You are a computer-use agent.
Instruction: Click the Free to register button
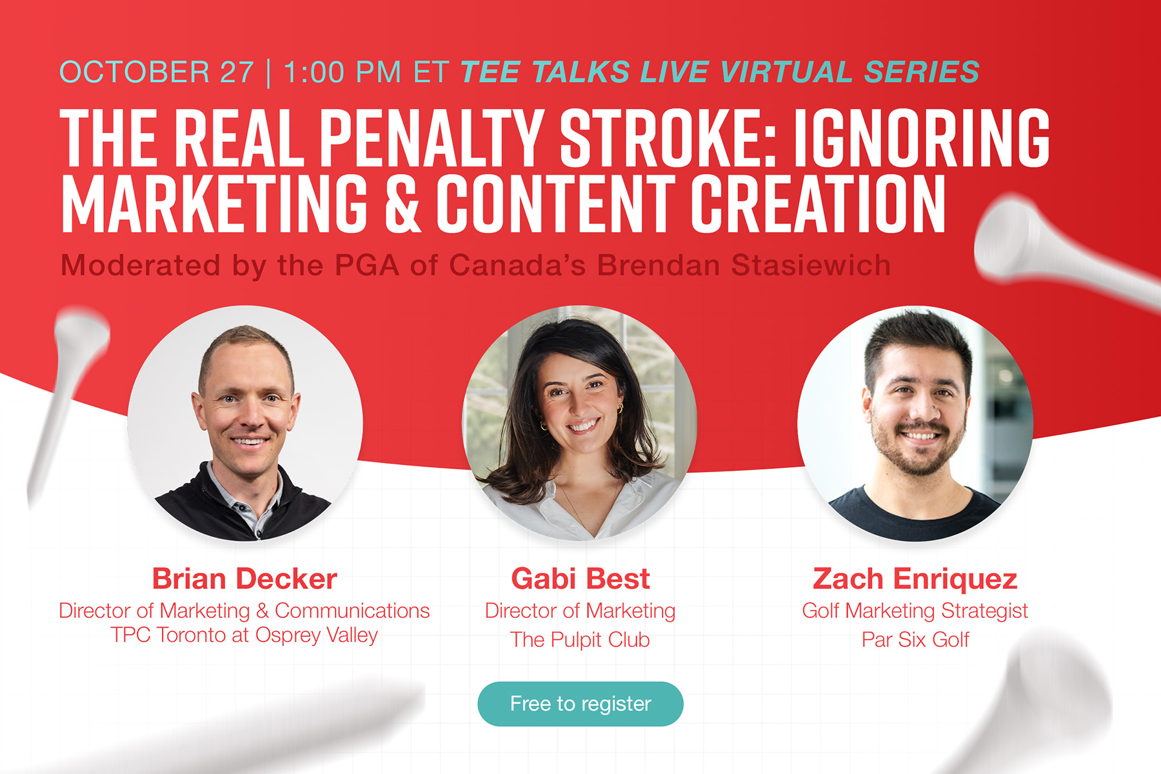tap(580, 704)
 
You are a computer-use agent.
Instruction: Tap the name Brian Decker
tap(244, 579)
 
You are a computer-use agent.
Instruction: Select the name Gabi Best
tap(580, 579)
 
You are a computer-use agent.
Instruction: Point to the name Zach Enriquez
tap(915, 579)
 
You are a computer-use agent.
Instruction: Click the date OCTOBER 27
tap(157, 72)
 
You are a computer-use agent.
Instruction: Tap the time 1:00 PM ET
tap(366, 72)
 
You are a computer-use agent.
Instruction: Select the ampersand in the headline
tap(402, 203)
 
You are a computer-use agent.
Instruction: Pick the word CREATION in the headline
tap(818, 203)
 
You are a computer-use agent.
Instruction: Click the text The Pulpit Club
tap(580, 640)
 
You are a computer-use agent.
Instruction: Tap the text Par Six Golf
tap(915, 640)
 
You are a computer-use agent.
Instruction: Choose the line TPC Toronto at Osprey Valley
tap(244, 635)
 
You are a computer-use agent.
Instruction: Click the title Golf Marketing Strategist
tap(915, 611)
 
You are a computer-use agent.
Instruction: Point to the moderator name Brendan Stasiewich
tap(743, 266)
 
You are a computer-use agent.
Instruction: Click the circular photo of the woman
tap(580, 423)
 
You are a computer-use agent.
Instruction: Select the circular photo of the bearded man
tap(915, 423)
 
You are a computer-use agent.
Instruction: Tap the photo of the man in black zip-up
tap(245, 423)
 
